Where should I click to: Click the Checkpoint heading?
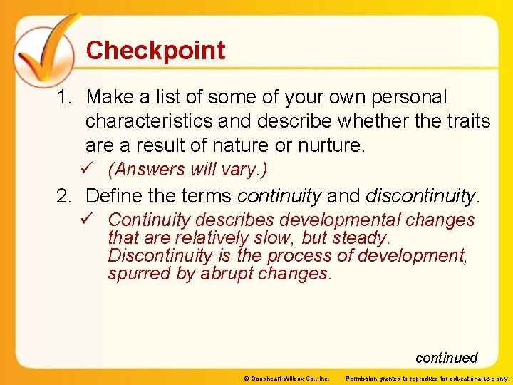[155, 51]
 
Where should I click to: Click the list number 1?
[63, 97]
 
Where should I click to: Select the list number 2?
[63, 195]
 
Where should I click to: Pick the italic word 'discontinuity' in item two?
[421, 195]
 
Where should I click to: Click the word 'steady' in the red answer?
[359, 237]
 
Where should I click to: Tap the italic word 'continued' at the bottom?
[446, 358]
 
